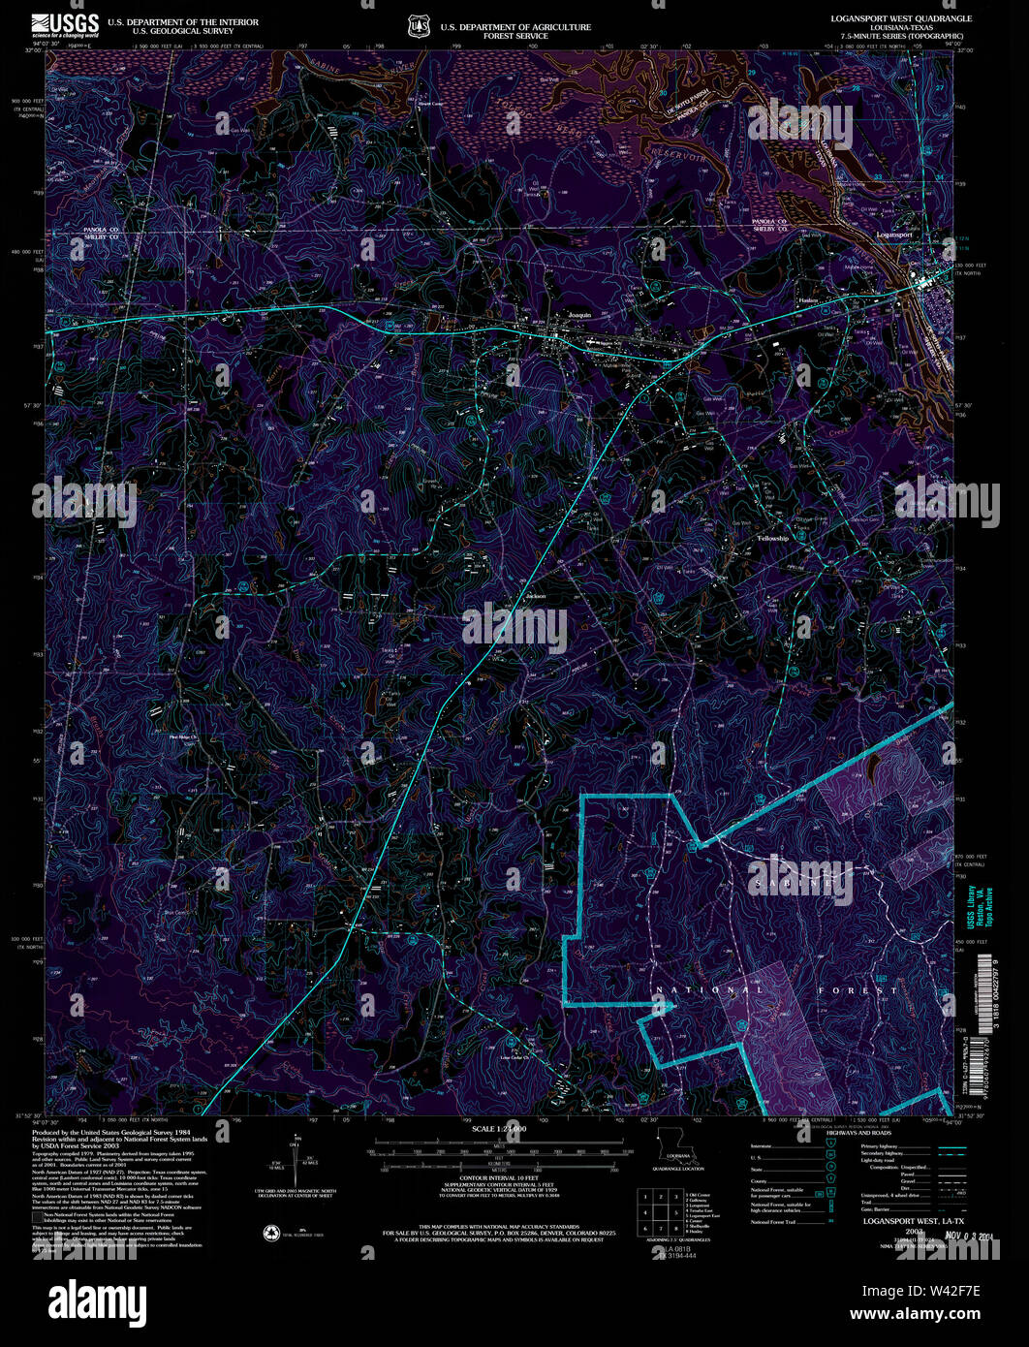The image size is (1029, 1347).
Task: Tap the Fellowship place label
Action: pyautogui.click(x=772, y=538)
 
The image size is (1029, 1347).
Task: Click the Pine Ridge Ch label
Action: pyautogui.click(x=182, y=738)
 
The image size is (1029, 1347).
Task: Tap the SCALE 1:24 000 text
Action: pyautogui.click(x=499, y=1130)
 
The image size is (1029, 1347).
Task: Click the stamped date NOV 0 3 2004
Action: pyautogui.click(x=949, y=1237)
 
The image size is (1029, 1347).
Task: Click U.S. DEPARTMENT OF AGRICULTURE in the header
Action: pyautogui.click(x=515, y=27)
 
